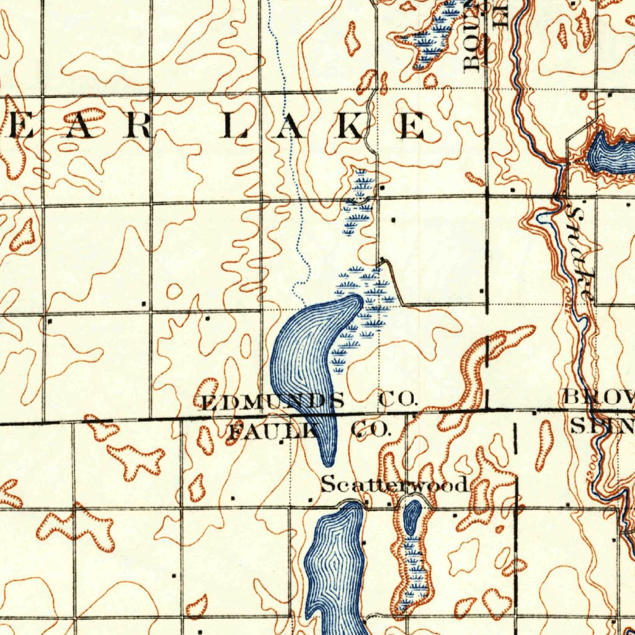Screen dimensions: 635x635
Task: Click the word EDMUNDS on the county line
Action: tap(273, 401)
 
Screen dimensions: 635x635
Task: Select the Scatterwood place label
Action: tap(394, 484)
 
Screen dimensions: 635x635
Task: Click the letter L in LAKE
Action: tap(235, 127)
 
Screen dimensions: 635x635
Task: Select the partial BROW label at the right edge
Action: tap(599, 397)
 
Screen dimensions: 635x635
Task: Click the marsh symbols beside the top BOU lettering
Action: tap(434, 37)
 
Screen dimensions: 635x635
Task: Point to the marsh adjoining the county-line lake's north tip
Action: tap(372, 298)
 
